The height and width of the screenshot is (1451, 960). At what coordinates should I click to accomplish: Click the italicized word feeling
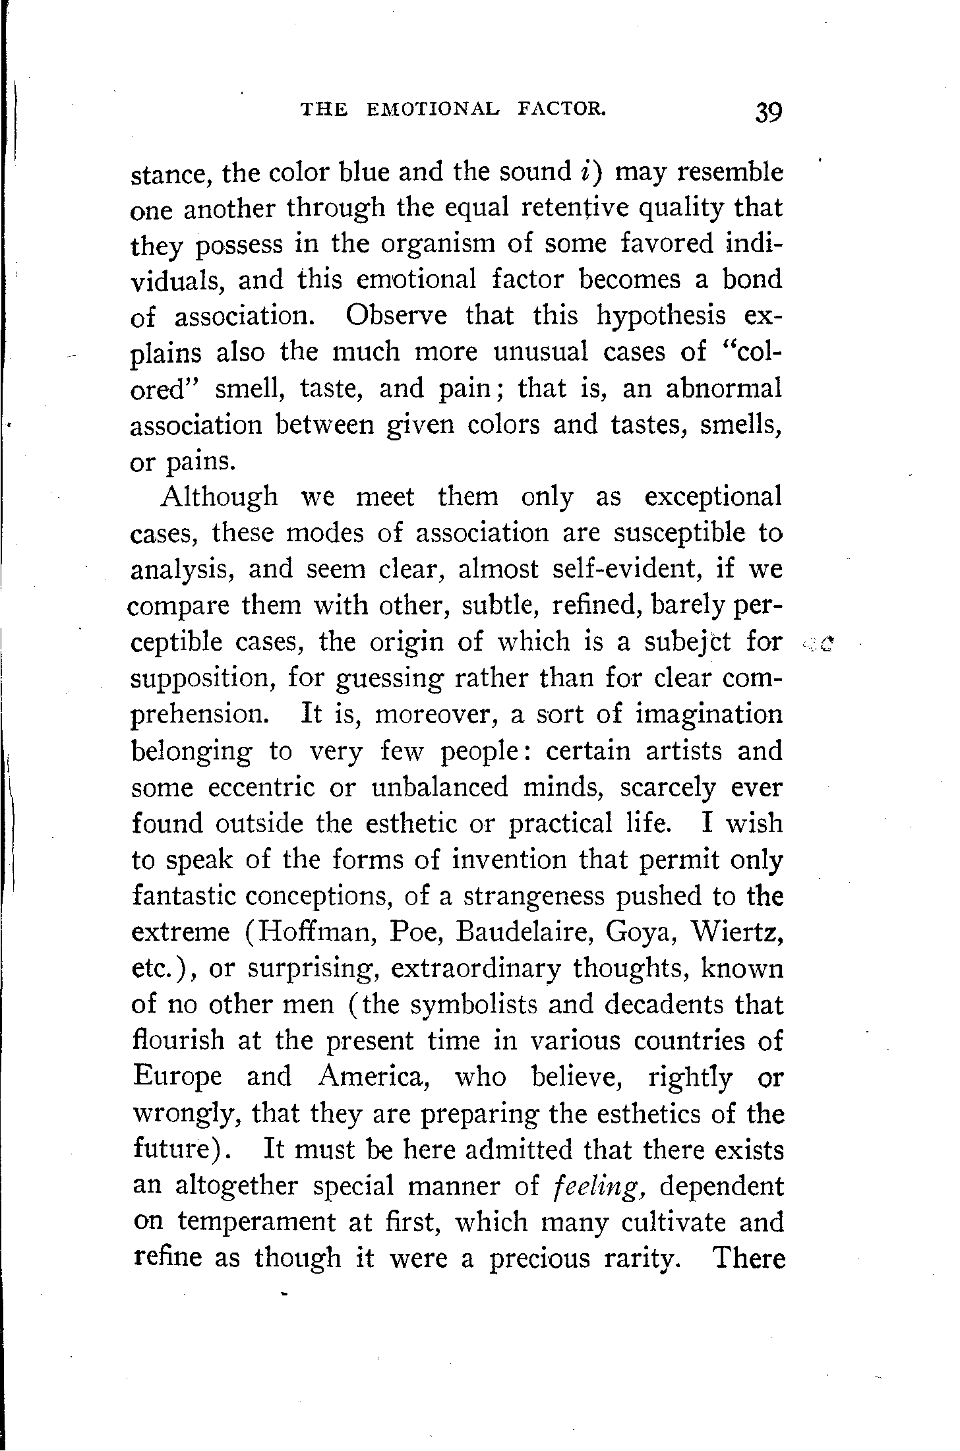[x=597, y=1187]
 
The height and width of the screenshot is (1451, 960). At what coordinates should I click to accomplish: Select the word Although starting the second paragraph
[x=220, y=496]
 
